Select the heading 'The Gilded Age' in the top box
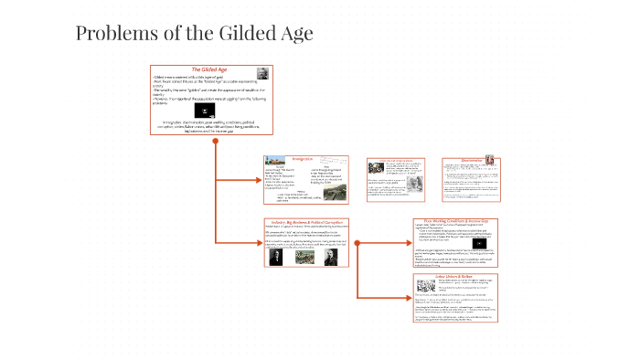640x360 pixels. (x=209, y=70)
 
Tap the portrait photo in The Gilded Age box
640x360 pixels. (x=262, y=74)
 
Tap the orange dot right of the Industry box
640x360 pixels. (x=357, y=242)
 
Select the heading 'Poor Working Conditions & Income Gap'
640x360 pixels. (x=453, y=221)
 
